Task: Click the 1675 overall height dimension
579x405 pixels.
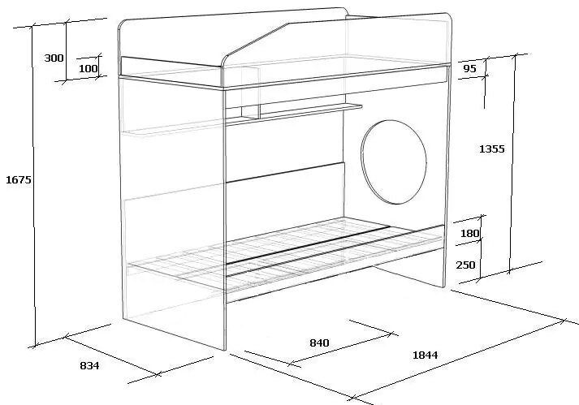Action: (x=19, y=180)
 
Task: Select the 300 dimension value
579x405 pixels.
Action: (x=54, y=58)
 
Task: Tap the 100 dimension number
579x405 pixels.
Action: (x=89, y=68)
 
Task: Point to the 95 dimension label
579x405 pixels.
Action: (x=469, y=69)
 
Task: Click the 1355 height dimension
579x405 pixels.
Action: (x=491, y=149)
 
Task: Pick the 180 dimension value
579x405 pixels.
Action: (x=469, y=233)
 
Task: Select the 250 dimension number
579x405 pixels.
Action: (x=465, y=265)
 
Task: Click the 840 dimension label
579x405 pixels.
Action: (x=319, y=343)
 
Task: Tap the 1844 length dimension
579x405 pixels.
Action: (x=425, y=355)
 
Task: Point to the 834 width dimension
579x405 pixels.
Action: (x=89, y=365)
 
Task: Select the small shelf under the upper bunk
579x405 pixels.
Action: (x=294, y=113)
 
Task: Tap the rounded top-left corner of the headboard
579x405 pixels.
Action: (x=121, y=24)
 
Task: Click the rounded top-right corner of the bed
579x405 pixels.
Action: (x=449, y=16)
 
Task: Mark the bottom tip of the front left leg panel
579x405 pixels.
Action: (x=225, y=350)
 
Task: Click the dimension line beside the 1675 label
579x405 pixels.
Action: (x=33, y=187)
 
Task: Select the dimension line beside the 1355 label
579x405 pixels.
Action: (x=512, y=164)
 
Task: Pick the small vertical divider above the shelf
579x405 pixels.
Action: (x=251, y=93)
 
